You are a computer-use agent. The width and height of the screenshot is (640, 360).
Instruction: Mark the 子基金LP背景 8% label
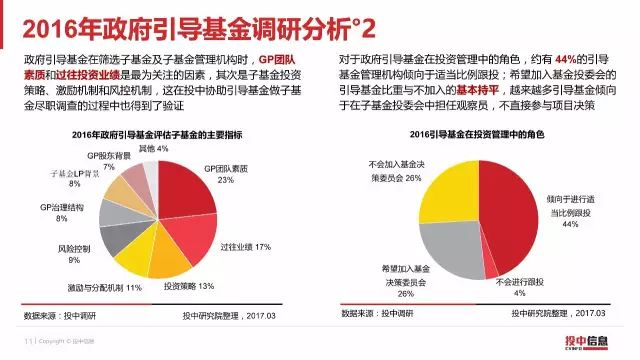pos(60,178)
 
